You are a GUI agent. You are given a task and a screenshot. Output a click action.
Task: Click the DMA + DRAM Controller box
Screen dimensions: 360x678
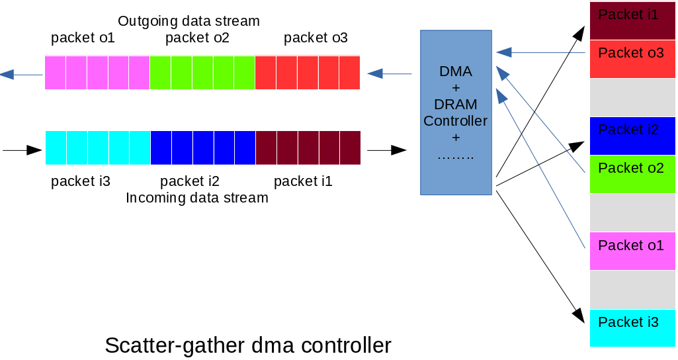click(456, 112)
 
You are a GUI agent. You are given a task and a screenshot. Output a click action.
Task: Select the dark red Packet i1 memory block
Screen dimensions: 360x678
click(632, 21)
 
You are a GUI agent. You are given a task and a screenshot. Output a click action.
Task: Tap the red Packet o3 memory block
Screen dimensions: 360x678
click(632, 59)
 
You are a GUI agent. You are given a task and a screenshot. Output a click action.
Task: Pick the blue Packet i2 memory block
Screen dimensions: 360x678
click(632, 136)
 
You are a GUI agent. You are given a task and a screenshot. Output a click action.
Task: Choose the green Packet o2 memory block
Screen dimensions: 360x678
click(632, 174)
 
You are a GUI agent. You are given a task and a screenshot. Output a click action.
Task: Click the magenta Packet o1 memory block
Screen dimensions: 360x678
click(632, 251)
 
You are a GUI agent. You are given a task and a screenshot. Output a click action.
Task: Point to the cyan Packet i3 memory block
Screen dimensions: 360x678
click(632, 328)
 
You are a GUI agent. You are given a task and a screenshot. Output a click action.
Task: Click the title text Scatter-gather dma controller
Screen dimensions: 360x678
click(248, 345)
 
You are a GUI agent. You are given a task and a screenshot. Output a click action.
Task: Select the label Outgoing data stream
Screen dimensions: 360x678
click(189, 21)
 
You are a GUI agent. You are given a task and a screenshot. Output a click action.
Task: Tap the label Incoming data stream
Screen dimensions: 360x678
click(196, 197)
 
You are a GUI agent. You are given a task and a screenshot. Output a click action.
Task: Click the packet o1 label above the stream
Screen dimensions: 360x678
click(83, 38)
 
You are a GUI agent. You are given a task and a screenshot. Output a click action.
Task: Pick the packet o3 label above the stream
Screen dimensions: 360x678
click(316, 38)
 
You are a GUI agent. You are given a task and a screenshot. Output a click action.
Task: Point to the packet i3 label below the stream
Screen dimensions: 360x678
click(81, 181)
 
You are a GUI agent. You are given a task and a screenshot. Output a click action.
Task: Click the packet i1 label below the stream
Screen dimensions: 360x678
click(303, 181)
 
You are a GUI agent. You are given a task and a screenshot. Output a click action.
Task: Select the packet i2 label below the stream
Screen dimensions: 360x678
click(190, 181)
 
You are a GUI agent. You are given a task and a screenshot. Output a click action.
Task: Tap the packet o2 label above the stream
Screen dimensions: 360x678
click(197, 38)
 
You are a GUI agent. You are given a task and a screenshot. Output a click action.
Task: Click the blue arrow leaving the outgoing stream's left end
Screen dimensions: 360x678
click(21, 75)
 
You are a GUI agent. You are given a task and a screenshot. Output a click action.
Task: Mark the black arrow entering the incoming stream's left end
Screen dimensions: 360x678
click(22, 150)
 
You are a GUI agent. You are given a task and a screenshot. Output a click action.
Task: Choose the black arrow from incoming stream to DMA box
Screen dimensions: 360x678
click(387, 150)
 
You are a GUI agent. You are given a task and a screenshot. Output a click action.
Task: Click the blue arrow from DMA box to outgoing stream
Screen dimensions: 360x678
click(389, 74)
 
